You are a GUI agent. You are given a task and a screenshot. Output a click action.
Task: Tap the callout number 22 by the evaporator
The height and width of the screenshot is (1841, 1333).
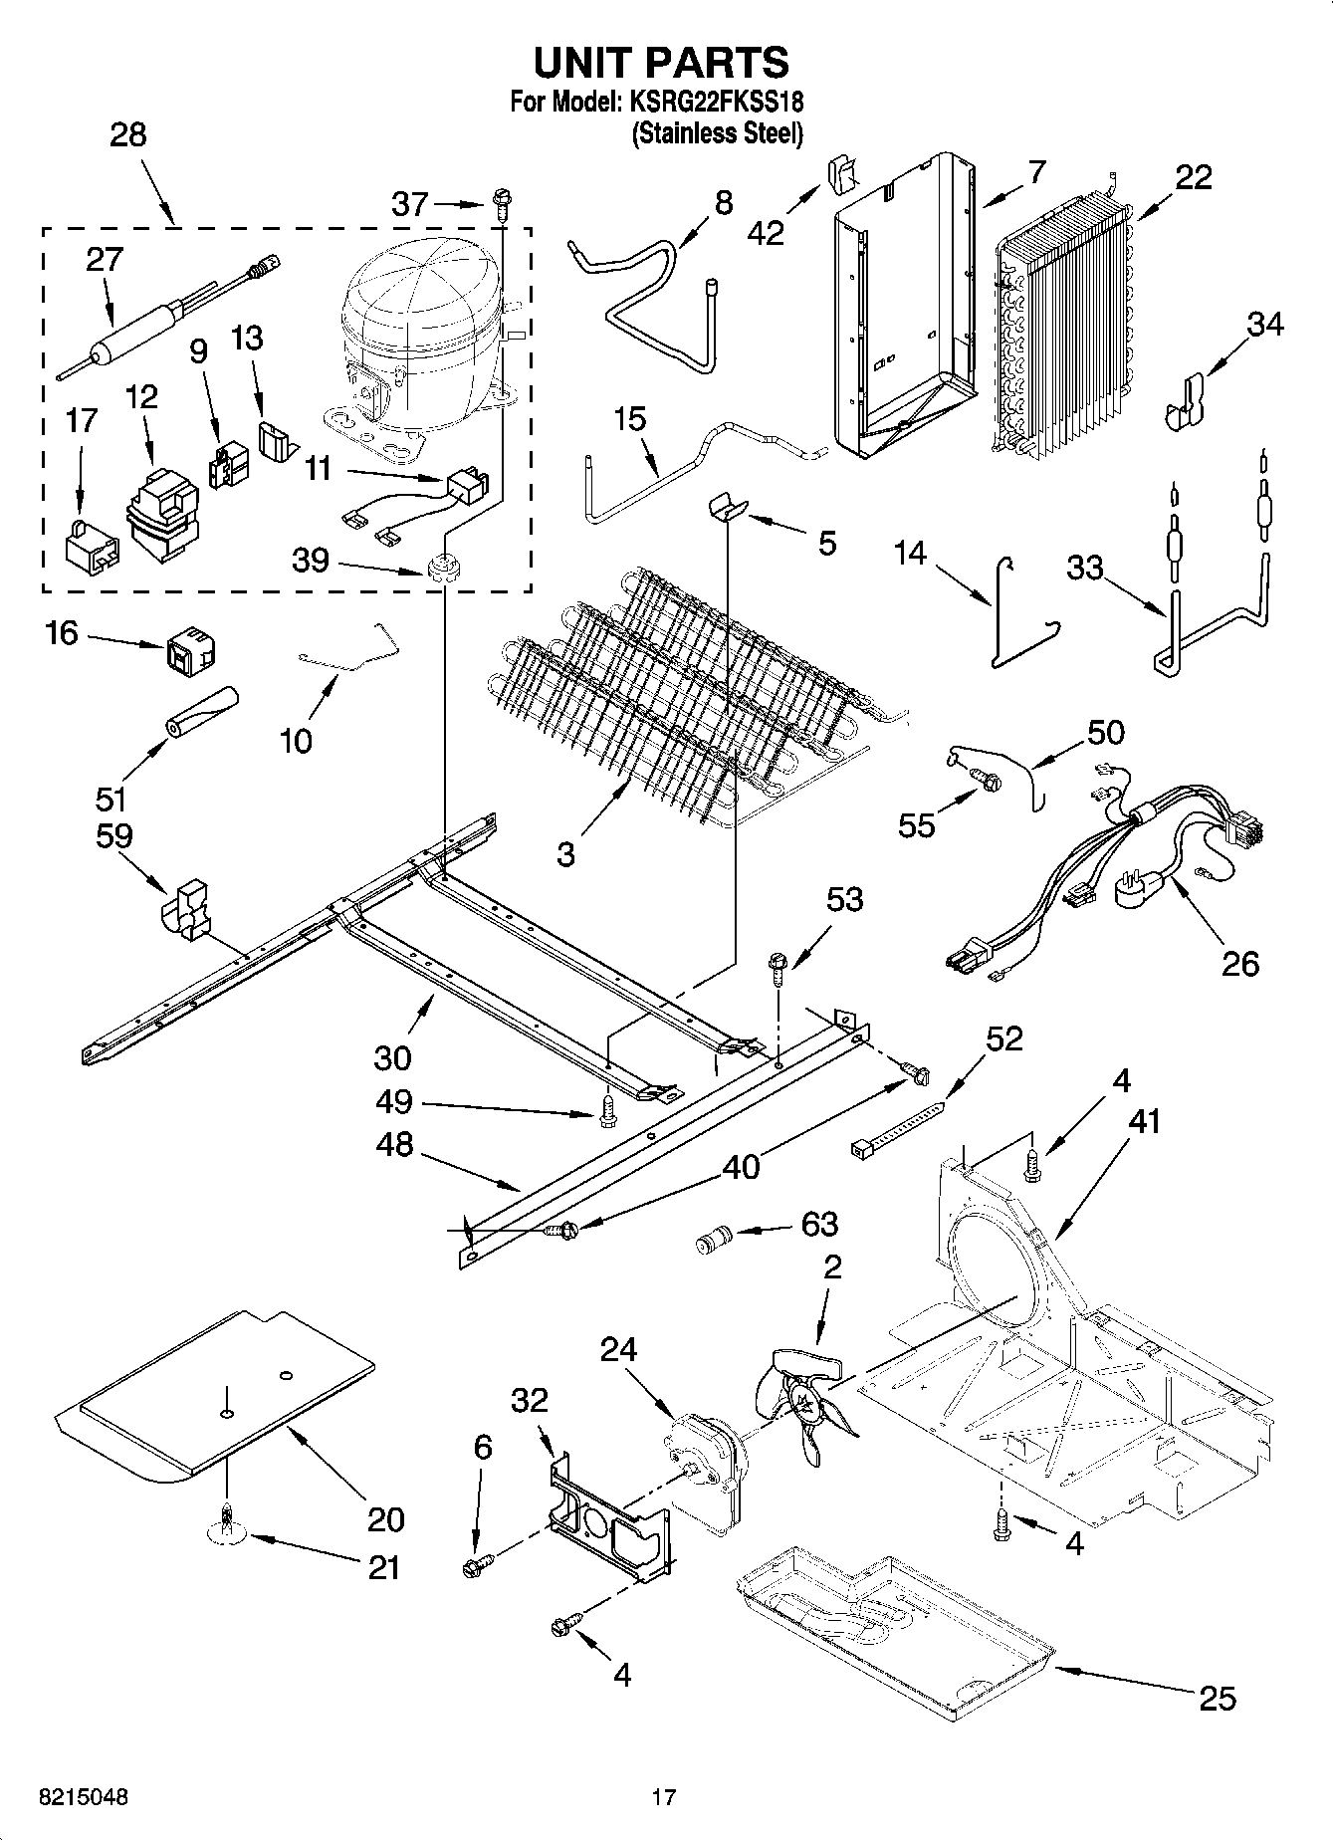1194,177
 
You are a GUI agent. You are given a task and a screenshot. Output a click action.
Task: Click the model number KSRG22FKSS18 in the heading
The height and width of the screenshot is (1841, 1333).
716,102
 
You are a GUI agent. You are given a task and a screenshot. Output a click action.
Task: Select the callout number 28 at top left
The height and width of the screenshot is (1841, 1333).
127,134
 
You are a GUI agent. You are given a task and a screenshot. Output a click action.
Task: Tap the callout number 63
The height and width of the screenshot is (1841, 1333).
819,1224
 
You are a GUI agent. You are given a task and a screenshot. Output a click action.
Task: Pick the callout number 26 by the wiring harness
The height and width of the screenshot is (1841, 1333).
1240,963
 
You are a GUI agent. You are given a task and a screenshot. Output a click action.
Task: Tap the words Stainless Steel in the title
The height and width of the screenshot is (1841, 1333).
717,133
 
